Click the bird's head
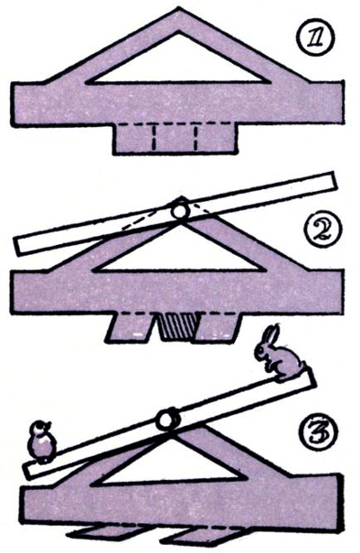tap(40, 428)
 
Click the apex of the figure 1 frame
tap(179, 8)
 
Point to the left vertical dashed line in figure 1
tap(154, 136)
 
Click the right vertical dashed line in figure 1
tap(195, 136)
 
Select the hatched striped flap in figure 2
tap(177, 326)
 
